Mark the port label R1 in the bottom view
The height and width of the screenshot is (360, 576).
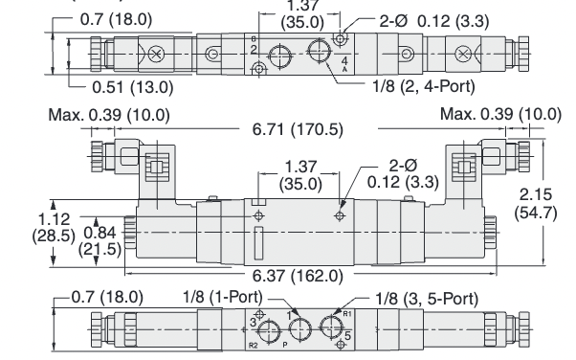pyautogui.click(x=347, y=312)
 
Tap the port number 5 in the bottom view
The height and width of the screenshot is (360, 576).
pyautogui.click(x=348, y=335)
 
